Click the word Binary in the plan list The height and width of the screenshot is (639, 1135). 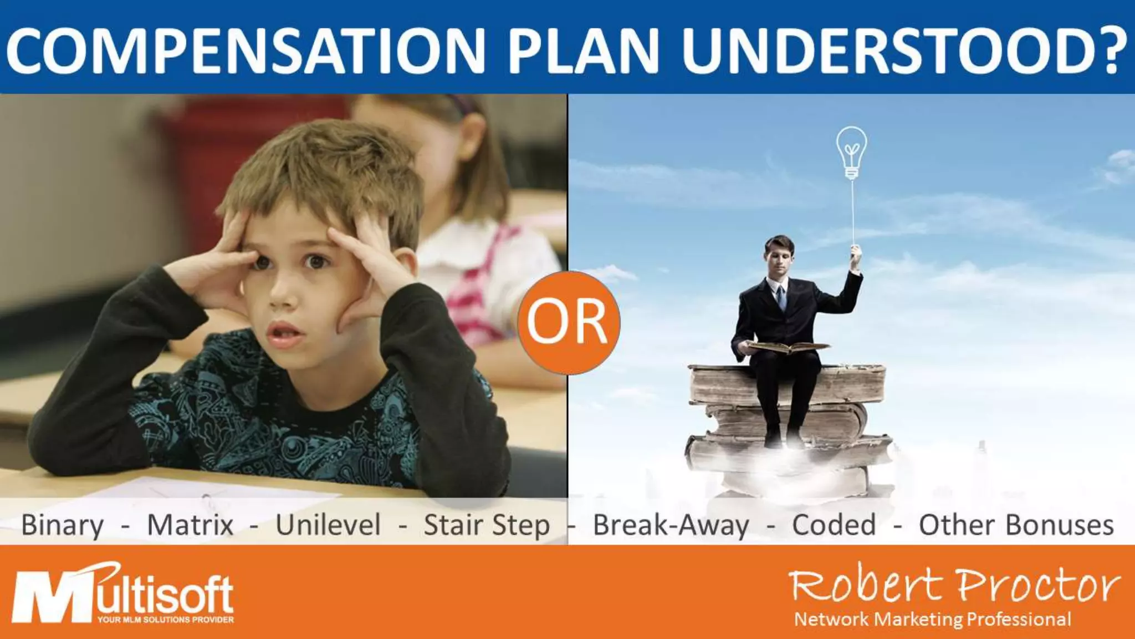click(x=62, y=525)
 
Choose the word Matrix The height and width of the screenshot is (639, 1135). click(x=190, y=525)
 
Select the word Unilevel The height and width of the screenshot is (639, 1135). click(x=328, y=525)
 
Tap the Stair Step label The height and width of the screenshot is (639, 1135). click(x=487, y=525)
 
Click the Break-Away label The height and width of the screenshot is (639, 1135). click(x=671, y=525)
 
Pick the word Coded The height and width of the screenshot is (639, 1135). click(x=834, y=525)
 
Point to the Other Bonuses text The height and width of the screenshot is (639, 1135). click(x=1016, y=525)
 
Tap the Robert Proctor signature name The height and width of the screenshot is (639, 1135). click(x=953, y=586)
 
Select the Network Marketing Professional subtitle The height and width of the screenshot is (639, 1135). click(x=933, y=619)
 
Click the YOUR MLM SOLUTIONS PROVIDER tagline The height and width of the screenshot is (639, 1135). click(x=165, y=620)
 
